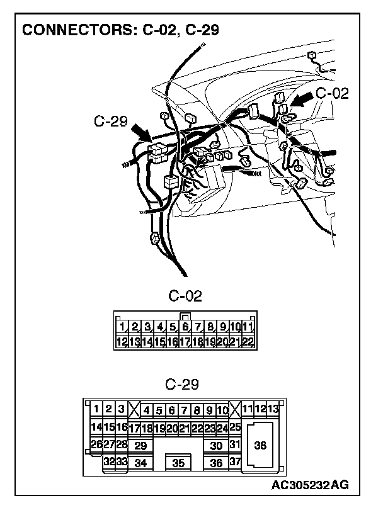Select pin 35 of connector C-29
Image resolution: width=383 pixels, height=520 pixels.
click(178, 463)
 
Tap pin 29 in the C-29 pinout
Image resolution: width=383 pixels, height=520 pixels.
click(140, 446)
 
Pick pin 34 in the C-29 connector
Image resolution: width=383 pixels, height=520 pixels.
click(140, 463)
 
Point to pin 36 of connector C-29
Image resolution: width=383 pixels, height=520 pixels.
click(217, 463)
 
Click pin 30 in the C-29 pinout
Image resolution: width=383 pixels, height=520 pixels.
click(217, 446)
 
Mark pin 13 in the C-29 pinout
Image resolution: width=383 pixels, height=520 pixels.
click(273, 410)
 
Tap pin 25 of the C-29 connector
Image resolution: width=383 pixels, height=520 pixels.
click(235, 428)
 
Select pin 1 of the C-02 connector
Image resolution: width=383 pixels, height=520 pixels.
click(122, 327)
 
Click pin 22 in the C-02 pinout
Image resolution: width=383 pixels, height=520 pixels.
click(248, 342)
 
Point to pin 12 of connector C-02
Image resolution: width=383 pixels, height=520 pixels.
click(122, 342)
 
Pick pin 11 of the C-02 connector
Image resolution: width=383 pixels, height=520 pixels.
click(248, 327)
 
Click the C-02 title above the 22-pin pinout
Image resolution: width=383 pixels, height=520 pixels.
click(185, 297)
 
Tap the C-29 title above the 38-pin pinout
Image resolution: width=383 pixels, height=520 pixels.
click(181, 384)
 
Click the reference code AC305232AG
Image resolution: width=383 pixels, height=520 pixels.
click(311, 485)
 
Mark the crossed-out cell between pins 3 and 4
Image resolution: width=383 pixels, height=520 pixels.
click(134, 410)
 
